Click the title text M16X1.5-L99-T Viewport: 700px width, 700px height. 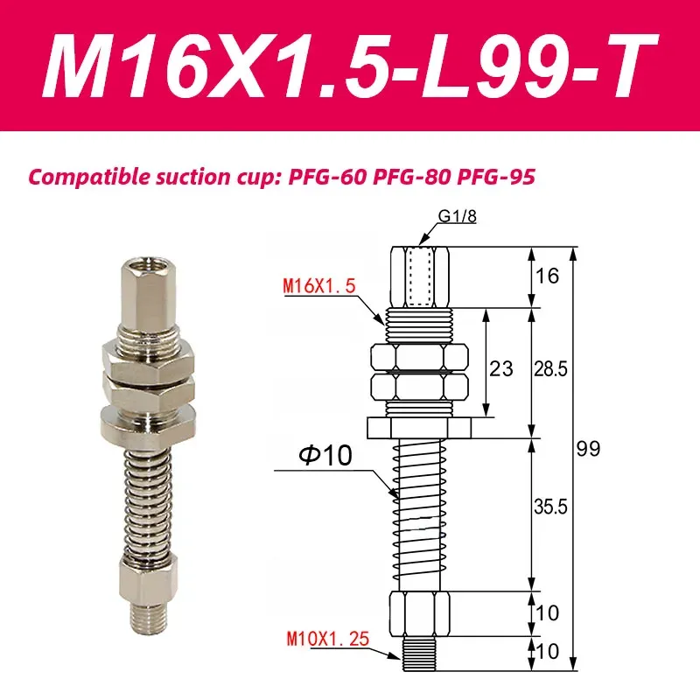(x=350, y=66)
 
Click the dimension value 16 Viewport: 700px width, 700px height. (x=547, y=277)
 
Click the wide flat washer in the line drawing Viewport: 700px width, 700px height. (x=419, y=426)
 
